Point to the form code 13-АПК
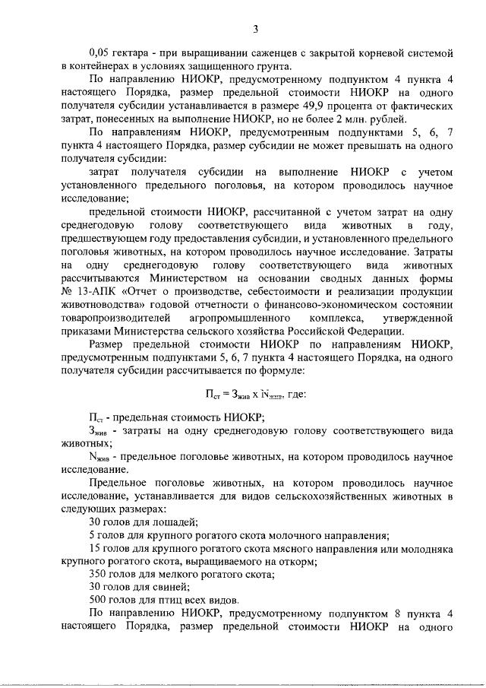[x=97, y=293]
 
